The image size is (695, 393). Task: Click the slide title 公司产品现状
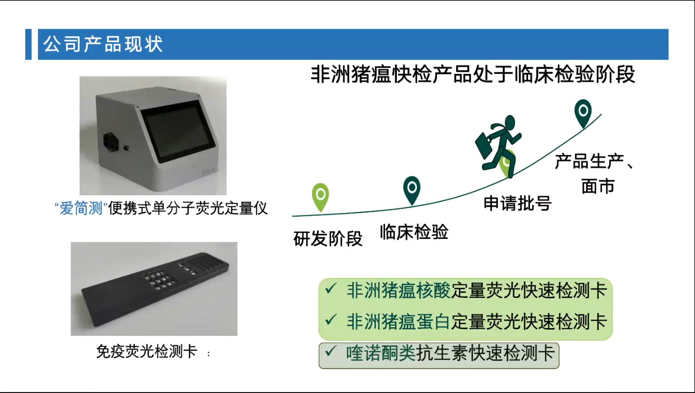103,44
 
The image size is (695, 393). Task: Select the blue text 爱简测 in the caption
81,208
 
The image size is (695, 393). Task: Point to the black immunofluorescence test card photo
154,289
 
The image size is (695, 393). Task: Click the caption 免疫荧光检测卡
147,351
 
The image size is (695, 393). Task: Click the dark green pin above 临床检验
412,190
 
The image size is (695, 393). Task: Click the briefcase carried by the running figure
484,146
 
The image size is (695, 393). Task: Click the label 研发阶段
328,239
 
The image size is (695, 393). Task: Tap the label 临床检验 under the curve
414,232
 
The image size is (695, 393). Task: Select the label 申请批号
518,203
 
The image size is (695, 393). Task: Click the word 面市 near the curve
598,186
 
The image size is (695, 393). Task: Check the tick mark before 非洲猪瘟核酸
331,288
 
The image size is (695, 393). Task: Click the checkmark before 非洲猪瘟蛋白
331,320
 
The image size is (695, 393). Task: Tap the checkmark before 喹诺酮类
331,351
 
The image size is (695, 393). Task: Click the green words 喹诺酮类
381,353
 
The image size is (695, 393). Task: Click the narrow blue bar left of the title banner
28,44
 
